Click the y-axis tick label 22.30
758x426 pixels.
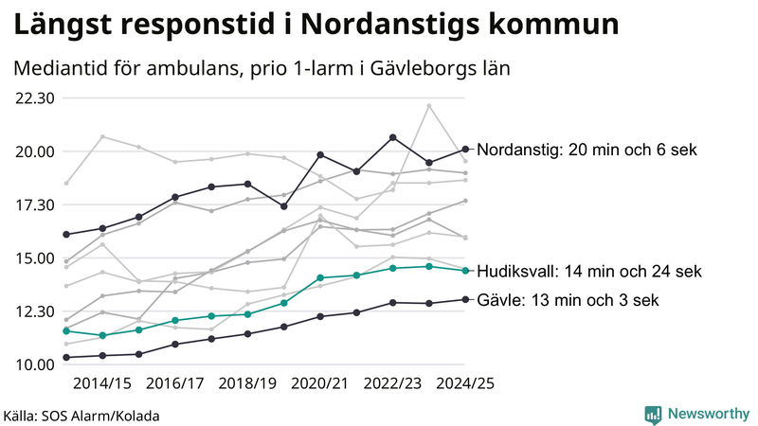(x=35, y=98)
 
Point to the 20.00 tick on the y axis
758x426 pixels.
(x=35, y=151)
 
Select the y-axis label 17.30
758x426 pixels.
(x=35, y=204)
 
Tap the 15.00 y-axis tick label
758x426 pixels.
(x=35, y=258)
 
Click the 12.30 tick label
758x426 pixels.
(x=35, y=311)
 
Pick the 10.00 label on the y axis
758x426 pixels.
(x=35, y=364)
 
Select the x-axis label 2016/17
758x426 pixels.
(x=174, y=383)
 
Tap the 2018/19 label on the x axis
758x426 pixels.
(x=247, y=383)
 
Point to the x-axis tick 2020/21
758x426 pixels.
(x=320, y=383)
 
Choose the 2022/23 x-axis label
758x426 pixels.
(x=392, y=383)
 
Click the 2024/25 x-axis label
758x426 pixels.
(x=464, y=383)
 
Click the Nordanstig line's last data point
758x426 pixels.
(x=464, y=150)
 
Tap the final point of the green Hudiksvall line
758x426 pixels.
(x=464, y=271)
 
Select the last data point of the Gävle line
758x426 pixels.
(x=464, y=299)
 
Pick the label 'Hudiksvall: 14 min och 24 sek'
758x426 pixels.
(x=588, y=271)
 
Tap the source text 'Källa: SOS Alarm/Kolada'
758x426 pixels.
(x=81, y=416)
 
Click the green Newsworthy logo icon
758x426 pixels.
(x=653, y=414)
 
